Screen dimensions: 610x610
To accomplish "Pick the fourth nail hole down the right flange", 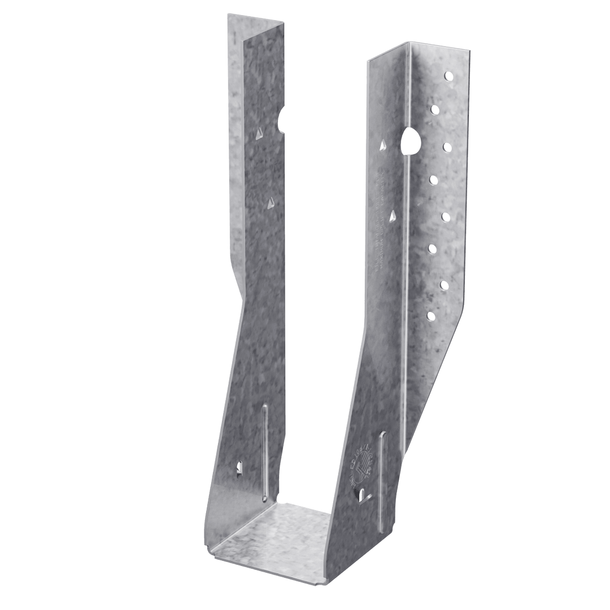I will [434, 180].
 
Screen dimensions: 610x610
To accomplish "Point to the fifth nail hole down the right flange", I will [446, 216].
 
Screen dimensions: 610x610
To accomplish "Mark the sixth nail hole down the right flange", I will [433, 248].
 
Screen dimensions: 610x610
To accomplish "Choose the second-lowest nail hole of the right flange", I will [445, 284].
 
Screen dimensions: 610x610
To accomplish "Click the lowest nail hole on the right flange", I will [432, 315].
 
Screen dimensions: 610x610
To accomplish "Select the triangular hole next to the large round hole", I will [384, 146].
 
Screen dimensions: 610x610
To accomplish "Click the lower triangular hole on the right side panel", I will [393, 215].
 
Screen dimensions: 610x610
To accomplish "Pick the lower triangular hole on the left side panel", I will [271, 202].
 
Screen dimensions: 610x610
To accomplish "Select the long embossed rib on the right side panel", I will [384, 480].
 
